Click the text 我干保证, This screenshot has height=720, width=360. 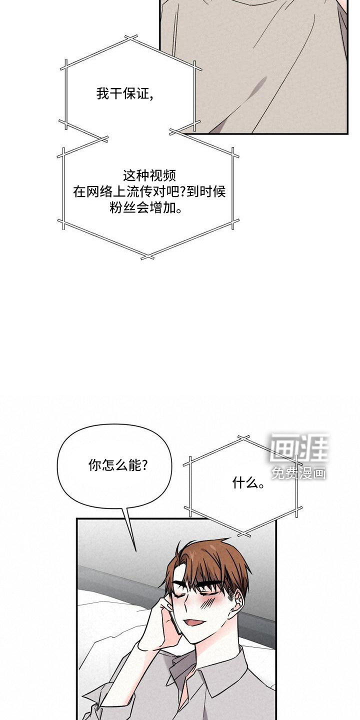124,94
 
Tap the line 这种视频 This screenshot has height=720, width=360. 149,175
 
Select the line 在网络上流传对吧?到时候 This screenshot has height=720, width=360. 149,192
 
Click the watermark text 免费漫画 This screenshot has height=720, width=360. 298,473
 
